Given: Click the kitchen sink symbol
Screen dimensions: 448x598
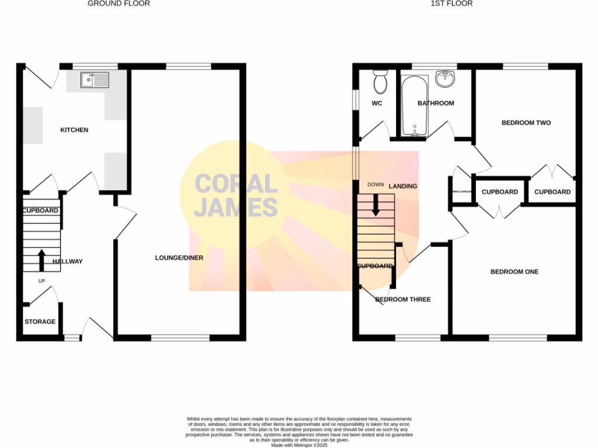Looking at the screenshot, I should (x=94, y=79).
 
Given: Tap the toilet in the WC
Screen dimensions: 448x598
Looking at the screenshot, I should (x=380, y=83).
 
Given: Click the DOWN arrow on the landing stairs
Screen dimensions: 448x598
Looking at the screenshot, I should (x=376, y=203).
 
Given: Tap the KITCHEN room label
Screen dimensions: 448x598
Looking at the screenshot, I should (x=75, y=130).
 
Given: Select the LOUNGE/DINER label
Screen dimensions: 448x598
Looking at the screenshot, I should (x=179, y=257).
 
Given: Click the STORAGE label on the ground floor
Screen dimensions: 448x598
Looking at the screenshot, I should (x=40, y=321).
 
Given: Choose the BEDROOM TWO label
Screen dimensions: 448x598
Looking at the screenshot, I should (x=526, y=123).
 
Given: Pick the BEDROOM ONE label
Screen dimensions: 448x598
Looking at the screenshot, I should (x=514, y=272).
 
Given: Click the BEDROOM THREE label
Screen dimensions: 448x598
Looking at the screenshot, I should (x=403, y=300).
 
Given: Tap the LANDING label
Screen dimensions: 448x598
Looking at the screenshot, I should (x=403, y=187).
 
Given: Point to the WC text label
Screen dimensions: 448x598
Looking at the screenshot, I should (x=377, y=104).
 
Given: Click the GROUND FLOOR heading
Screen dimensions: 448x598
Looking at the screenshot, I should (x=119, y=3).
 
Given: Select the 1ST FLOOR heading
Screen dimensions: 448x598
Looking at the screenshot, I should (x=451, y=3).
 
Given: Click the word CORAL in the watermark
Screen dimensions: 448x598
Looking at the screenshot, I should (x=235, y=184).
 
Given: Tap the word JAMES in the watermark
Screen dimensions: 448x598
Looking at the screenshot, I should (x=235, y=208).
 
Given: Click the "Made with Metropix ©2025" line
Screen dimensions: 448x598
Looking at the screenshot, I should (x=299, y=444).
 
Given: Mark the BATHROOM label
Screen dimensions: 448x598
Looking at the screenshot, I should (x=436, y=104).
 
